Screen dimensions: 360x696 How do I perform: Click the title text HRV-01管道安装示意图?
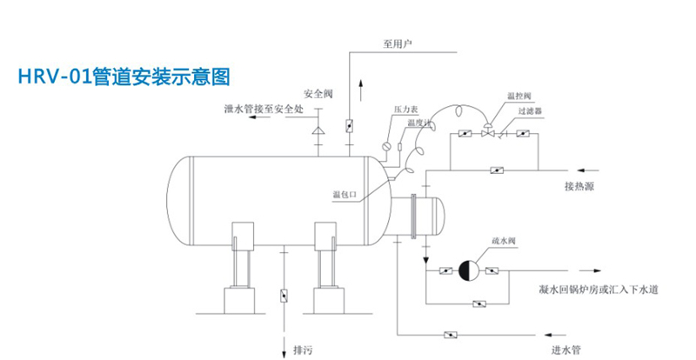(124, 77)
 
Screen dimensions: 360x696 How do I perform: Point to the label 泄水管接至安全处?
(263, 109)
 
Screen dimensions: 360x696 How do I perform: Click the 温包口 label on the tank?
(346, 195)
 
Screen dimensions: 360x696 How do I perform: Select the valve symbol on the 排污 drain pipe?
(284, 295)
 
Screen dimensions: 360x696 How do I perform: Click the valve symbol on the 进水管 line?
(452, 335)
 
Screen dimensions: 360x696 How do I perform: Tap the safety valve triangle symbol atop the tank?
(318, 130)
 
